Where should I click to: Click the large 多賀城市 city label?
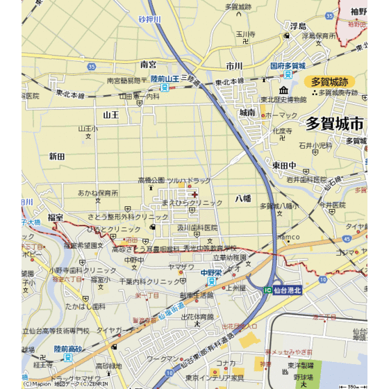point(335,124)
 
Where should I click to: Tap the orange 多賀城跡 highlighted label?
point(329,82)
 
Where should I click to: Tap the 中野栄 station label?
point(210,273)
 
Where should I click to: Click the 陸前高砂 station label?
point(68,350)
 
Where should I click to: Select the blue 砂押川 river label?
point(149,19)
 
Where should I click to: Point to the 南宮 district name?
point(149,64)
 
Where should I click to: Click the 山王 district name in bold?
point(111,115)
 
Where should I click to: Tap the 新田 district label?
point(57,157)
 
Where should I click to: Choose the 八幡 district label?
point(242,199)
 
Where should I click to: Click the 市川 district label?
point(234,66)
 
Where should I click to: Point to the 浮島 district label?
point(298,26)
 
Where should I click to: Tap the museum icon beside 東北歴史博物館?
point(283,90)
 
